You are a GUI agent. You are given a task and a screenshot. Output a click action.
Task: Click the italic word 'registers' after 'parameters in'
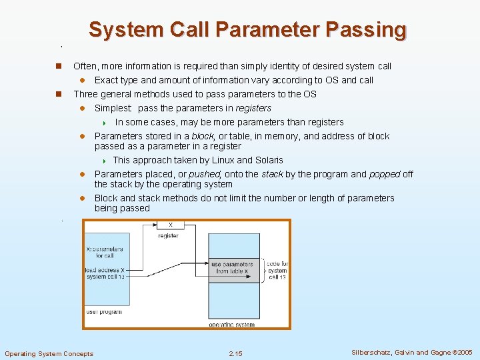(x=253, y=108)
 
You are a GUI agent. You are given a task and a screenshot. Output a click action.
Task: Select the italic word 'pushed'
(x=205, y=174)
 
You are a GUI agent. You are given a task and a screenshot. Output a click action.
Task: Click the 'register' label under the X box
(x=168, y=236)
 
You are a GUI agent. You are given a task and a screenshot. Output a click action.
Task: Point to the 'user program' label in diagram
(x=104, y=311)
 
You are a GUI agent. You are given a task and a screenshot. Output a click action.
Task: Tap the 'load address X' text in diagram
(x=104, y=270)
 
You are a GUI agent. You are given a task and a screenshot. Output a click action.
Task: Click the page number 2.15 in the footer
(x=235, y=353)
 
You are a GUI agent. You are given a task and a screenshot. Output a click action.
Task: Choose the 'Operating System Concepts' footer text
(x=49, y=353)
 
